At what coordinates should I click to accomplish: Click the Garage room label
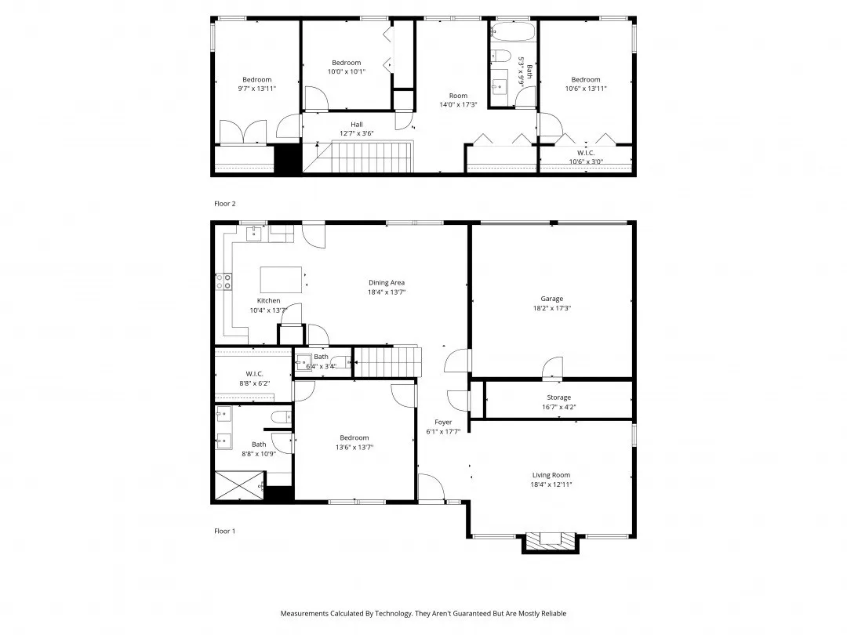point(551,299)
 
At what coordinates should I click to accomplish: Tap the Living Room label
point(551,475)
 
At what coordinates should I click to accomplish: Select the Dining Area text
point(387,283)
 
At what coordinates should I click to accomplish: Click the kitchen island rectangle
point(281,278)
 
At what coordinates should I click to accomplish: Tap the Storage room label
point(558,397)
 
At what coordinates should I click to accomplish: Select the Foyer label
point(443,422)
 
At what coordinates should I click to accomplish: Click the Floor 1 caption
point(224,531)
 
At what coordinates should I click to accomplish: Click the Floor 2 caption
point(224,204)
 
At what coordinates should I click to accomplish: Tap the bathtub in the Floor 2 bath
point(513,32)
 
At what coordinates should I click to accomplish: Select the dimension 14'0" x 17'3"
point(458,105)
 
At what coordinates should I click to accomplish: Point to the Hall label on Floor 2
point(357,124)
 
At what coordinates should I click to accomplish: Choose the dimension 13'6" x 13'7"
point(354,448)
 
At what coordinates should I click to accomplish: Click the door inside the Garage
point(552,366)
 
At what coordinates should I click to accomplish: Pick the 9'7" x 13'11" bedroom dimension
point(256,89)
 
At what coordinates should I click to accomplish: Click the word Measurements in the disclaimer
point(307,613)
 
